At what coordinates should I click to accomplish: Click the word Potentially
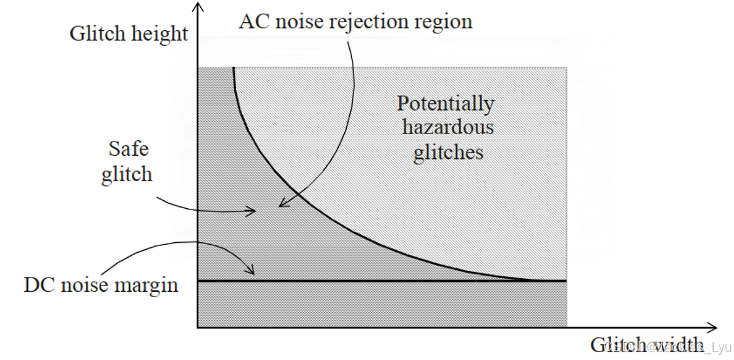tap(446, 104)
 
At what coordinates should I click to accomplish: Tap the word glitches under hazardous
tap(448, 153)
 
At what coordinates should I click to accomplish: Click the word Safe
tap(128, 149)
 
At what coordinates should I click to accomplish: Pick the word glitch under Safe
tap(127, 175)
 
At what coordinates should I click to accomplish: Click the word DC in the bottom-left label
tap(38, 285)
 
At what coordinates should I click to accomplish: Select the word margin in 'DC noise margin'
tap(147, 286)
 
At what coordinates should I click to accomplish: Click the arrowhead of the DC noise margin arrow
tap(252, 270)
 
